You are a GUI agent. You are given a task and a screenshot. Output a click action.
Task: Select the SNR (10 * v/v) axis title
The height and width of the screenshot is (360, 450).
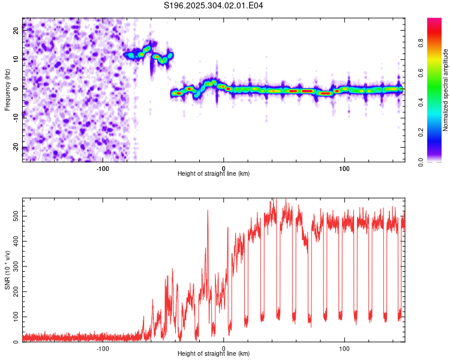point(7,271)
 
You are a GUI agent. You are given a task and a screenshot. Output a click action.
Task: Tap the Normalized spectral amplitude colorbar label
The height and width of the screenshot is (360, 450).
point(445,90)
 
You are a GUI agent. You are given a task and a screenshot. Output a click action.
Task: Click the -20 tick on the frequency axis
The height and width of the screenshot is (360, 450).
point(16,148)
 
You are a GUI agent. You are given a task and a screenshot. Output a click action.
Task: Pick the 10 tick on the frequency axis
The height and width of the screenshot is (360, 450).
point(17,59)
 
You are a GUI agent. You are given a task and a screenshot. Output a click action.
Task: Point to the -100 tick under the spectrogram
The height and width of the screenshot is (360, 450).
point(103,167)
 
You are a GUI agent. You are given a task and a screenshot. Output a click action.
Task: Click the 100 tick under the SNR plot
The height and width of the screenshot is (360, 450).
point(344,348)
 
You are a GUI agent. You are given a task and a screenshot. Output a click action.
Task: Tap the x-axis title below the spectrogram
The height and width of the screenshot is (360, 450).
point(214,173)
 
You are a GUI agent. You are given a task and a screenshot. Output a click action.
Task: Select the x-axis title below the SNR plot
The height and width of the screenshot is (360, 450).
point(214,354)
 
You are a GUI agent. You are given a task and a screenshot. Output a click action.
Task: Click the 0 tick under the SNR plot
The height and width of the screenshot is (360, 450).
point(224,348)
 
